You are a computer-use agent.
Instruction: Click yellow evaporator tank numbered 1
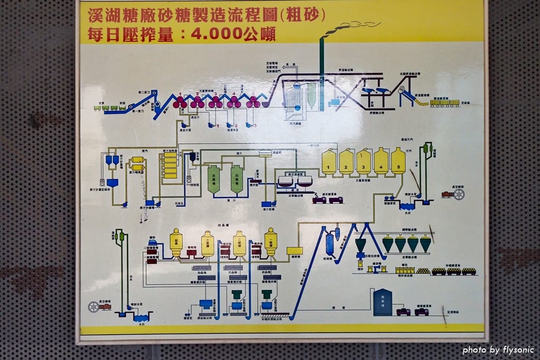click(x=329, y=162)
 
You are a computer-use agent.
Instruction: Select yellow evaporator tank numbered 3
click(x=364, y=162)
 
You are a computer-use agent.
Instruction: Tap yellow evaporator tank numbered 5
click(x=398, y=161)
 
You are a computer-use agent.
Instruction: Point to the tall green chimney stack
click(x=321, y=74)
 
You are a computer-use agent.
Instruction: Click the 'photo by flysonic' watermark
click(x=498, y=349)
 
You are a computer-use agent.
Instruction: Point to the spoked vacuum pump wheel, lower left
click(x=94, y=307)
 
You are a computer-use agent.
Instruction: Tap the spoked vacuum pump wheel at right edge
click(x=458, y=194)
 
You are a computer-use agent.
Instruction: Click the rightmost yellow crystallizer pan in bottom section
click(x=271, y=242)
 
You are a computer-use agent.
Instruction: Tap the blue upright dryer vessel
click(x=330, y=244)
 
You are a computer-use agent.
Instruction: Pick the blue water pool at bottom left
click(x=141, y=318)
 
